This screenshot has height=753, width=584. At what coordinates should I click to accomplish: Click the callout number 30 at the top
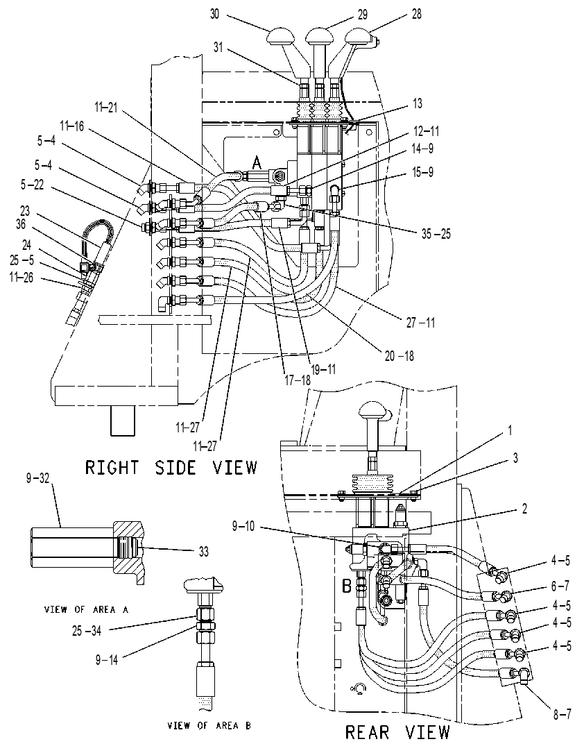(x=214, y=14)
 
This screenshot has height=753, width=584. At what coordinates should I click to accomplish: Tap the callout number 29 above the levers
(x=362, y=15)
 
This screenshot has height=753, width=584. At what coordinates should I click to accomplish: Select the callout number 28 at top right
(x=417, y=14)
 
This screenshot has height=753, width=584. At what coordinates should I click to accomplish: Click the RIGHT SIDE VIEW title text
(x=171, y=467)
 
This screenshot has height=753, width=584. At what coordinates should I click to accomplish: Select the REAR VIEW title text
(x=397, y=732)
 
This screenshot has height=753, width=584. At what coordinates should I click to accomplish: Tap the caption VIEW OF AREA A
(x=87, y=609)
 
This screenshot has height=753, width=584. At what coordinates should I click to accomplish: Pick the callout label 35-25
(x=436, y=235)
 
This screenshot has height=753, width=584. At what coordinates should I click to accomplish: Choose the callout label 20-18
(x=399, y=356)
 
